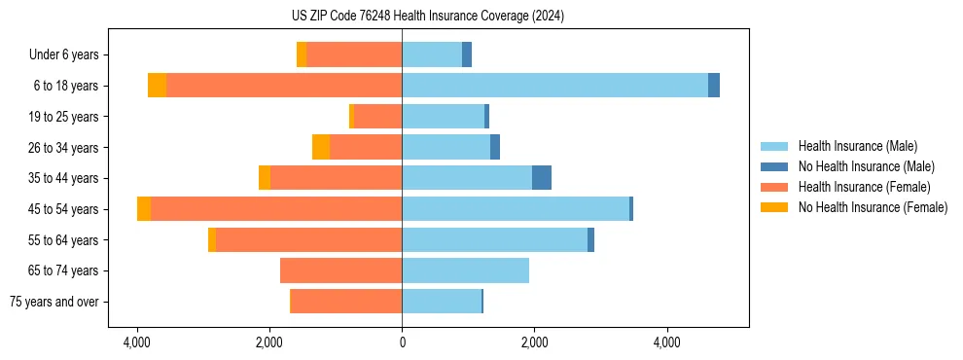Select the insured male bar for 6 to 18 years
tap(554, 86)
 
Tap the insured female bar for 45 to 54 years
tap(276, 209)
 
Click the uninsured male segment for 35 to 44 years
tap(542, 178)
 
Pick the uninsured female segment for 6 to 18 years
tap(157, 86)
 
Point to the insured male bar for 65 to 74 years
tap(465, 270)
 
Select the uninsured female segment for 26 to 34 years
tap(321, 147)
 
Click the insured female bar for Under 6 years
tap(354, 54)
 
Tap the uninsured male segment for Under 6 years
tap(467, 54)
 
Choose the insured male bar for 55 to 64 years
tap(494, 240)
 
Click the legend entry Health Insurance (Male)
tap(856, 146)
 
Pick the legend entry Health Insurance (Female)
tap(864, 187)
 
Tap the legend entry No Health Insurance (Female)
tap(873, 207)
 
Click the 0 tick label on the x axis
tap(402, 342)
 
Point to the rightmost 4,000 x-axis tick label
tap(666, 342)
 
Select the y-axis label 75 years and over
tap(53, 302)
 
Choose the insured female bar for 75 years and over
tap(346, 302)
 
